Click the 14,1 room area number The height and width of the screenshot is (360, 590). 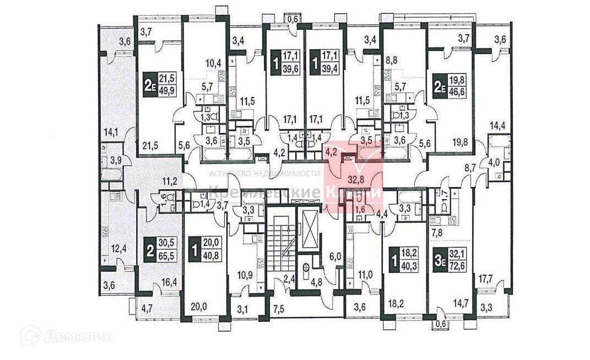pyautogui.click(x=111, y=132)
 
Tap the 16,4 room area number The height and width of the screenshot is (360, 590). pyautogui.click(x=169, y=283)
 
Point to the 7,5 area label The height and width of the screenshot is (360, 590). pyautogui.click(x=279, y=308)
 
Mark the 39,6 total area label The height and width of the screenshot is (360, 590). pyautogui.click(x=291, y=65)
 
